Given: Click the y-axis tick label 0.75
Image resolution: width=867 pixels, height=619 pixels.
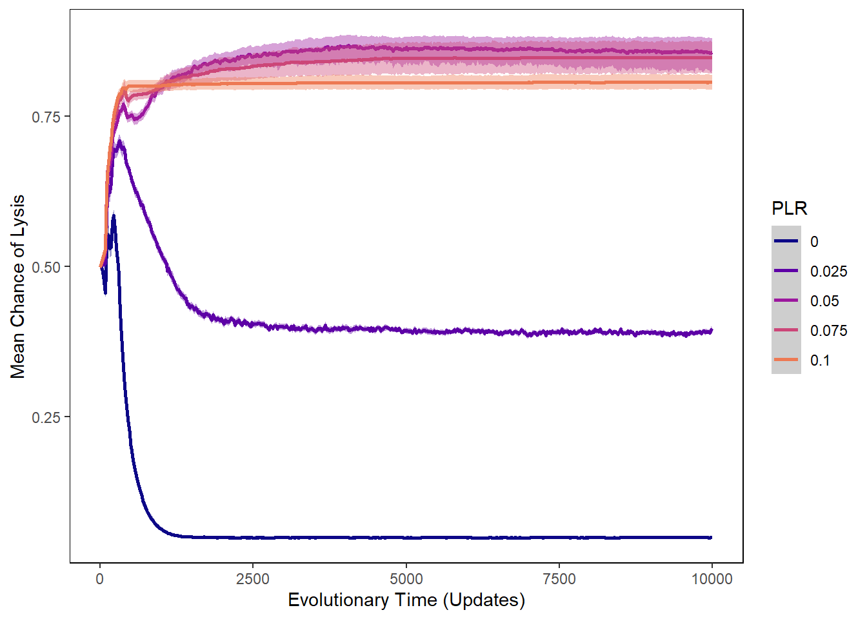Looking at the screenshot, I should tap(46, 117).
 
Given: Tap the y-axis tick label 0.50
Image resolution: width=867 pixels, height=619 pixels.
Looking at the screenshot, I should tap(46, 267).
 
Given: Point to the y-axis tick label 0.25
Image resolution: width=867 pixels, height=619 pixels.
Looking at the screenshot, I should tap(46, 417).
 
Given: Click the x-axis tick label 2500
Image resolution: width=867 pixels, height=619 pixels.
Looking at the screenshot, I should tap(253, 579).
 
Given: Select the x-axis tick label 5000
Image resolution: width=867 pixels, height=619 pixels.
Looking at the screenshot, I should tap(406, 579).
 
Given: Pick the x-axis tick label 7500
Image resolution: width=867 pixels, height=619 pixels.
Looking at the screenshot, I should tap(559, 579).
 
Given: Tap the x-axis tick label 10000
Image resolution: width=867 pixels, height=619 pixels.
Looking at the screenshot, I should tap(712, 579).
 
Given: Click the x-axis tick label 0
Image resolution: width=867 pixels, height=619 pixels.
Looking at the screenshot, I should tap(100, 579).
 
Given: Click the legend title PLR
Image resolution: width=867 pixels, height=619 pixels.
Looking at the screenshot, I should tap(789, 208).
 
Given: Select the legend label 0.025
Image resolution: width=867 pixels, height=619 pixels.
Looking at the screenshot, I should tap(828, 271).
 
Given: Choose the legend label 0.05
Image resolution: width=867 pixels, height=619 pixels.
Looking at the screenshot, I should tap(824, 301).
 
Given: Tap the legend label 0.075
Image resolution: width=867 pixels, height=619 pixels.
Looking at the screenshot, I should tap(828, 331).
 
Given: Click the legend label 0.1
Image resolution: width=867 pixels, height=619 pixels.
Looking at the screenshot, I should tap(820, 360).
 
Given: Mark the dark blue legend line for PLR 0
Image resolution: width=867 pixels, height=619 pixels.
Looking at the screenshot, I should tap(786, 241).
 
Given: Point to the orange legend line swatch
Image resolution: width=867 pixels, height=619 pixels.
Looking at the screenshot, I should tap(786, 360).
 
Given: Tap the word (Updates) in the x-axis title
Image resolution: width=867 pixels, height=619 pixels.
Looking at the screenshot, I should tap(484, 600).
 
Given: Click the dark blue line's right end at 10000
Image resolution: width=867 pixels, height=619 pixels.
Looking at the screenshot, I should tap(712, 537).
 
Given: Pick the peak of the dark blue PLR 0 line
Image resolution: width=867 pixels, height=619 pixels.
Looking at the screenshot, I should tap(114, 217).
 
